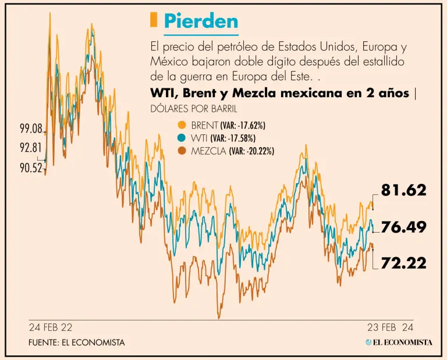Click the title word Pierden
[201, 21]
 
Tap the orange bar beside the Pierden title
[154, 20]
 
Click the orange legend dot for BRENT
[182, 125]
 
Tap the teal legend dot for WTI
[182, 138]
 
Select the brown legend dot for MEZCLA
[182, 151]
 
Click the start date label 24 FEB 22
[51, 327]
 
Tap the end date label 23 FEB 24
[390, 327]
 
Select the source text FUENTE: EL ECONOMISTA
[76, 343]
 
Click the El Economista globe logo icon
[369, 343]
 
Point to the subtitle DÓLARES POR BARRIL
[194, 109]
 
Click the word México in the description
[169, 61]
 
